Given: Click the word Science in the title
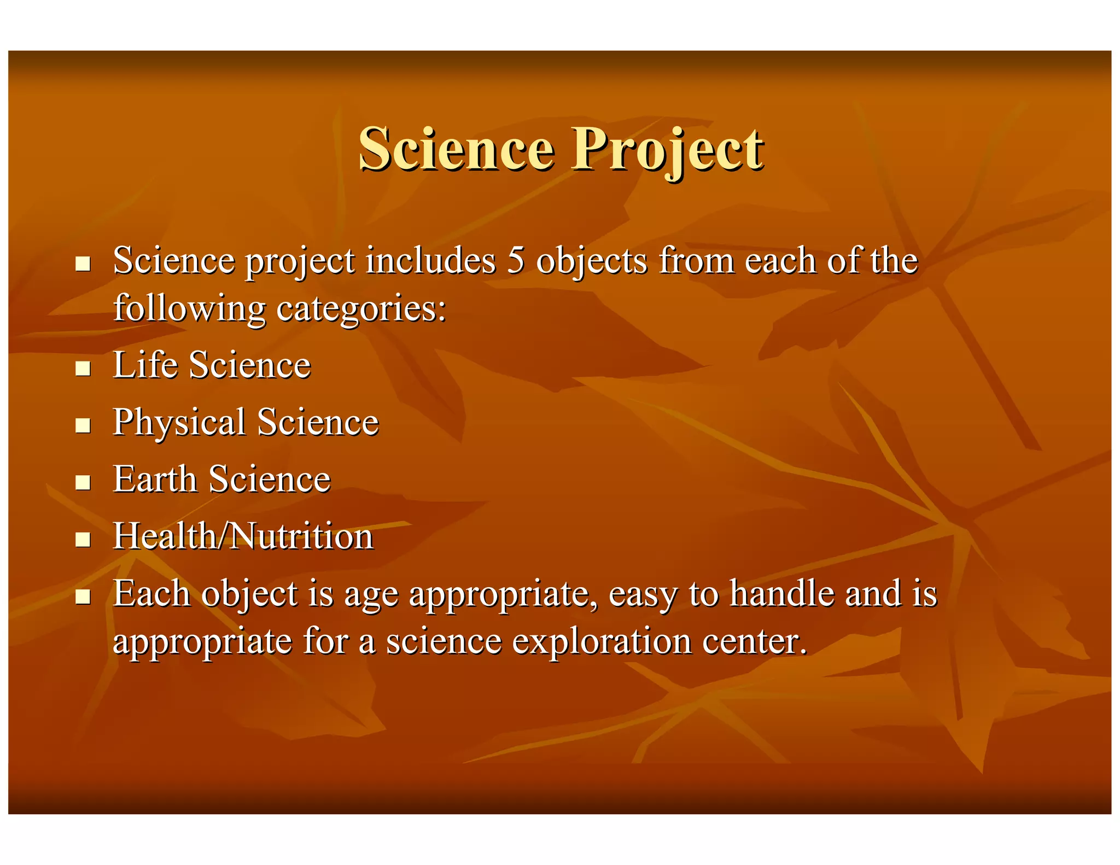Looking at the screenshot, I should [x=457, y=149].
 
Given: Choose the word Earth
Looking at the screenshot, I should [x=154, y=480].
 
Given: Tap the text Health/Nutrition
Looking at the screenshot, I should [x=243, y=536].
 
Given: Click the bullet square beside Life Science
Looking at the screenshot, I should [x=83, y=369].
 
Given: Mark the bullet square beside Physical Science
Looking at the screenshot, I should [x=83, y=425].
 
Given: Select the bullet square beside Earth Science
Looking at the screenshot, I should [x=83, y=482].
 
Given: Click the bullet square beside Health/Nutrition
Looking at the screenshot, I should [x=83, y=540].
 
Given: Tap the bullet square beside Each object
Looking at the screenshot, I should [x=83, y=597].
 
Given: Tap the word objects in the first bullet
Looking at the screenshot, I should [x=592, y=261].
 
